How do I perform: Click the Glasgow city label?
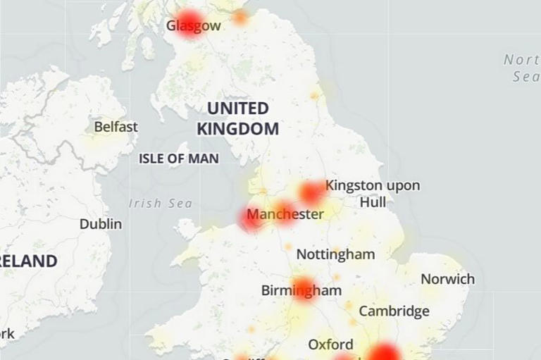click(x=193, y=26)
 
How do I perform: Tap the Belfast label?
click(x=116, y=128)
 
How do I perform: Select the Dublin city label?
click(x=100, y=224)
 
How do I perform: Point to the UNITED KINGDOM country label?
click(x=237, y=118)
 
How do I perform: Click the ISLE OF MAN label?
click(x=179, y=159)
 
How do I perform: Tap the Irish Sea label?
click(x=160, y=204)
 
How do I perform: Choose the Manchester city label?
click(x=286, y=214)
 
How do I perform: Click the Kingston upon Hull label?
click(x=373, y=194)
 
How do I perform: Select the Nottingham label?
click(x=335, y=254)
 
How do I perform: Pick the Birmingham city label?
click(x=301, y=290)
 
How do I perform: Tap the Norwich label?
click(x=447, y=279)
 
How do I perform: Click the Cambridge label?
click(x=394, y=311)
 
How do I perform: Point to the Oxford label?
click(x=330, y=345)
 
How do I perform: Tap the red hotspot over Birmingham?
click(x=304, y=288)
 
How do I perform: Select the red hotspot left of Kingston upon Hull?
click(x=311, y=192)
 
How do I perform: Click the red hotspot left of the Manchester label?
click(x=251, y=218)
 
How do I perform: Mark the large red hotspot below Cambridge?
click(x=385, y=352)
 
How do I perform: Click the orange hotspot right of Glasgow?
click(x=240, y=17)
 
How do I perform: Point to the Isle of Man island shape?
click(x=187, y=228)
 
